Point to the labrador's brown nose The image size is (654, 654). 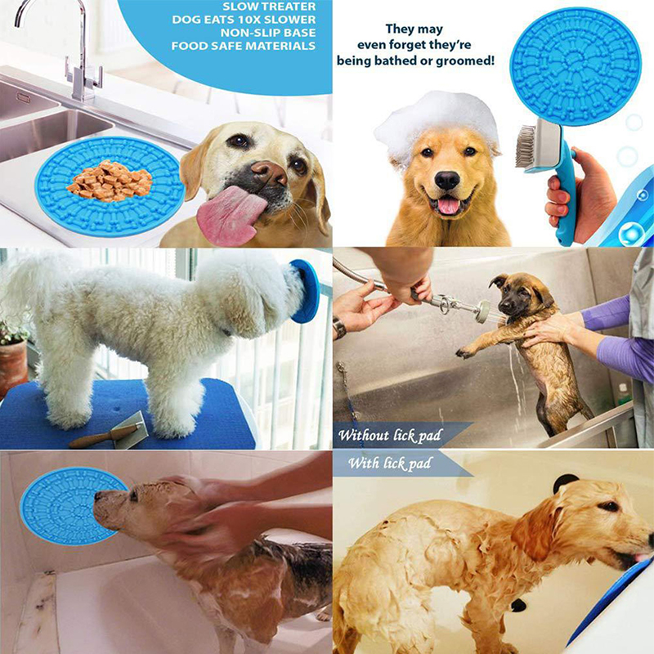pyautogui.click(x=269, y=172)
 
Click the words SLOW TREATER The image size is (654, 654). pyautogui.click(x=269, y=7)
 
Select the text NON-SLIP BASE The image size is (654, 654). pyautogui.click(x=268, y=33)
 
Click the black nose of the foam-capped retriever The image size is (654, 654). pyautogui.click(x=446, y=180)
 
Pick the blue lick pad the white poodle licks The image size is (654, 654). pyautogui.click(x=305, y=291)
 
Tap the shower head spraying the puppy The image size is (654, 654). pyautogui.click(x=482, y=311)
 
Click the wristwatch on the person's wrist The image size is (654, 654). pyautogui.click(x=339, y=327)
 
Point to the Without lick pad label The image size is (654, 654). pyautogui.click(x=390, y=436)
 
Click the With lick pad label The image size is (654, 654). pyautogui.click(x=390, y=464)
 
